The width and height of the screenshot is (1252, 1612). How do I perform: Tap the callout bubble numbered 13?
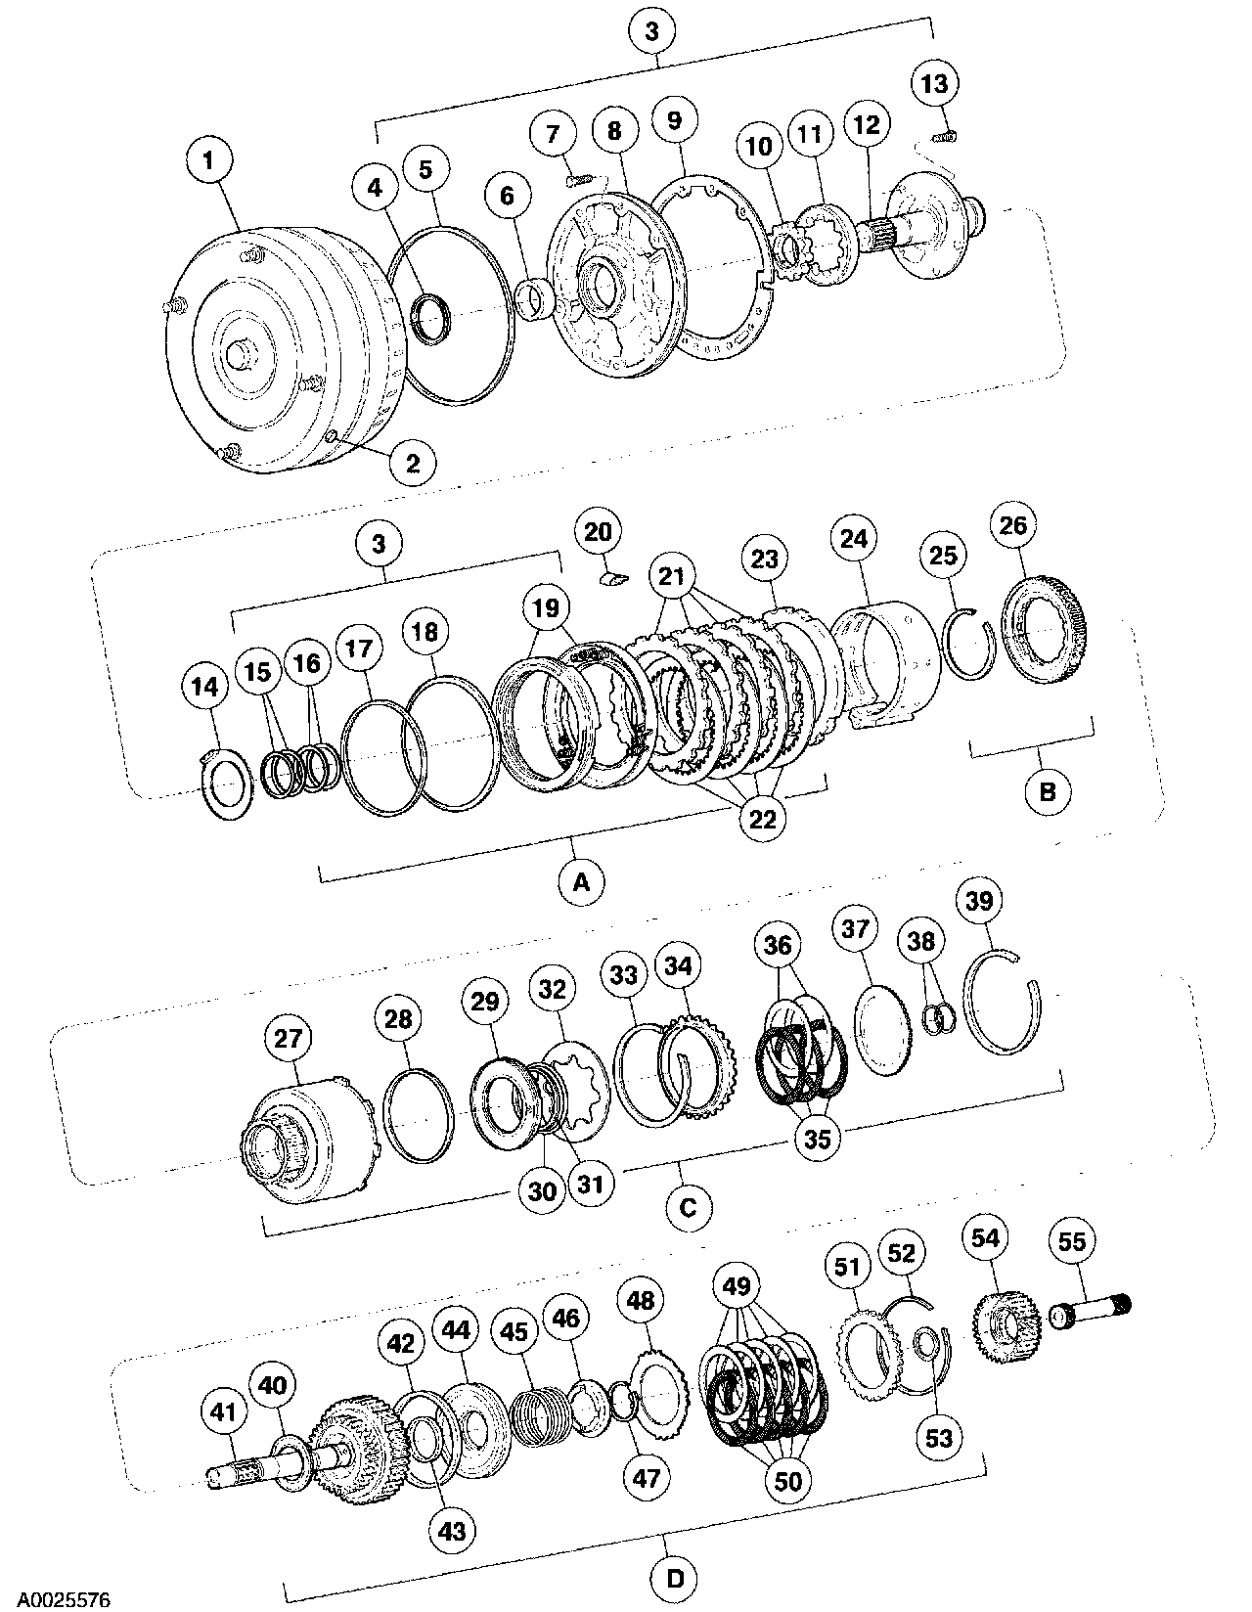pos(934,84)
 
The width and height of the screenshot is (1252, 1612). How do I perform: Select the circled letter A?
pos(580,881)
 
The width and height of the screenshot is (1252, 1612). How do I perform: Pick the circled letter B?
pos(1047,789)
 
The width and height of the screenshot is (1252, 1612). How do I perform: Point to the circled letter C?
pos(688,1207)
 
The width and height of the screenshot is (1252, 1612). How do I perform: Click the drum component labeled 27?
pos(303,1135)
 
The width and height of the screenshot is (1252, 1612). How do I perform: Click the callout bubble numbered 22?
pos(762,819)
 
